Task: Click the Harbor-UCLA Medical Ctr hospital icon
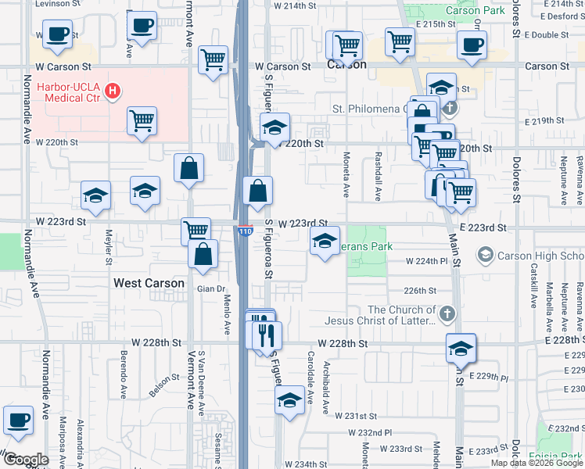113,91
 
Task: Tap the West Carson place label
149,283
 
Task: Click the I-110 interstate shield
246,232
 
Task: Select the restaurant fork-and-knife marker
264,336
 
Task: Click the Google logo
26,460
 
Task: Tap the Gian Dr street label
210,288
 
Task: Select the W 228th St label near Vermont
156,342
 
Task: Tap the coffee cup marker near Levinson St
57,34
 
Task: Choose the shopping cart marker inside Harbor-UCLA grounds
142,121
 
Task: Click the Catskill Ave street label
533,286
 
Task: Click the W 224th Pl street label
425,262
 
